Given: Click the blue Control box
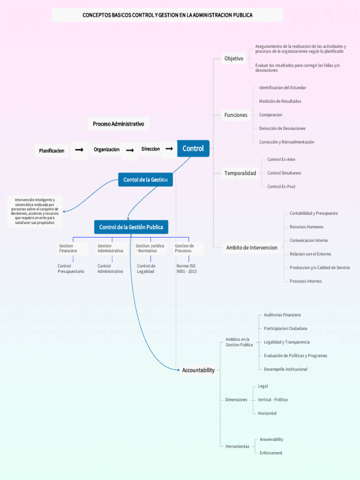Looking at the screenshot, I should [x=193, y=149].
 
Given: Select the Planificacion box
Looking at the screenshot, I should [x=52, y=151].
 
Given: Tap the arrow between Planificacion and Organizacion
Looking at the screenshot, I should [x=79, y=150].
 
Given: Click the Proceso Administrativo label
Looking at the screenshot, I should [x=118, y=124].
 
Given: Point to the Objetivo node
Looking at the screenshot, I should [x=233, y=59].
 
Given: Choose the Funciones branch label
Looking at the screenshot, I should [x=236, y=115].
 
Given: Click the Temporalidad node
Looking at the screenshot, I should [x=240, y=173].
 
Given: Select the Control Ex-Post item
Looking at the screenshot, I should [x=281, y=187].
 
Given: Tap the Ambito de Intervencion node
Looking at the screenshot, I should [x=252, y=247].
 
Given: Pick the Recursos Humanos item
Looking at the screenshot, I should [x=307, y=227].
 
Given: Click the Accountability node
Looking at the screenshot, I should [x=198, y=370].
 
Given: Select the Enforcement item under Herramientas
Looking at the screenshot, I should [x=271, y=453].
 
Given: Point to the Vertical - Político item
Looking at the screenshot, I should [x=273, y=400].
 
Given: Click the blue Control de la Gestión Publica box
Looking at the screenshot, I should [x=131, y=227].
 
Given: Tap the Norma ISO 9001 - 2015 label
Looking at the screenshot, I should [x=187, y=269].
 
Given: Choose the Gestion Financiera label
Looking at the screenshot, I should [x=68, y=248].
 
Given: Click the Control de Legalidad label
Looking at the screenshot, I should [x=146, y=269].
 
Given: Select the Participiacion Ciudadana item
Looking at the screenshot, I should [x=285, y=329].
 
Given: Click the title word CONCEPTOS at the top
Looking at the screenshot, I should [x=97, y=15].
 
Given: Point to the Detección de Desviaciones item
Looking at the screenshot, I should [x=282, y=128].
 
